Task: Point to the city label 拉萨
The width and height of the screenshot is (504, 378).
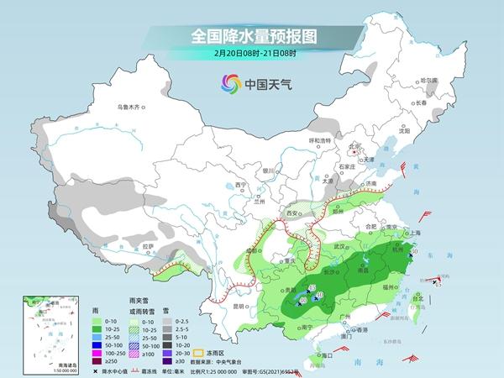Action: click(x=148, y=246)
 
